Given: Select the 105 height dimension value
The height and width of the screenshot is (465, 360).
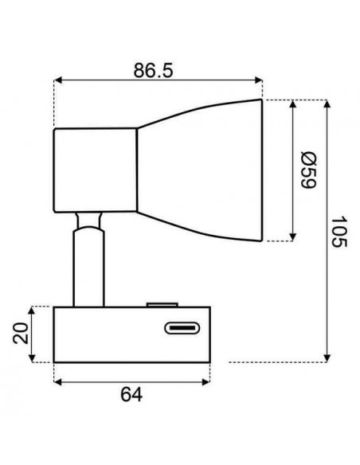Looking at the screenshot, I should pyautogui.click(x=340, y=231).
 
